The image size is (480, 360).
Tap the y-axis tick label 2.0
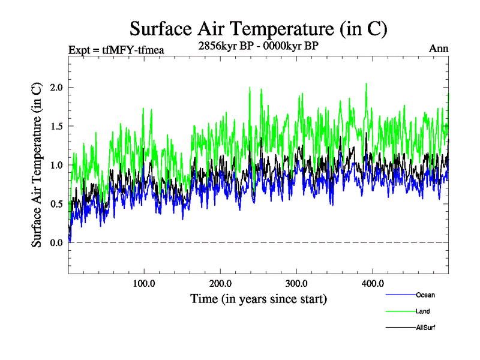point(56,88)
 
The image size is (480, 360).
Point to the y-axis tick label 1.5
point(56,126)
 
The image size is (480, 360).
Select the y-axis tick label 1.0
point(56,165)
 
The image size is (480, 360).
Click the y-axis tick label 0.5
point(56,204)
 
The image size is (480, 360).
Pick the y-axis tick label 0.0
point(56,242)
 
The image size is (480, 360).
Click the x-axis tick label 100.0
point(144,283)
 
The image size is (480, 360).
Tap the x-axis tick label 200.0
point(221,283)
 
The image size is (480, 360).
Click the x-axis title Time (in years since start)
point(259,298)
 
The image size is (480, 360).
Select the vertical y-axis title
point(37,165)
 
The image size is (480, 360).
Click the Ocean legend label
point(425,295)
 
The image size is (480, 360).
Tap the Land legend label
point(422,311)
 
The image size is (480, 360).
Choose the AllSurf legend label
point(425,328)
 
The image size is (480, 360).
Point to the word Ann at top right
point(439,49)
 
